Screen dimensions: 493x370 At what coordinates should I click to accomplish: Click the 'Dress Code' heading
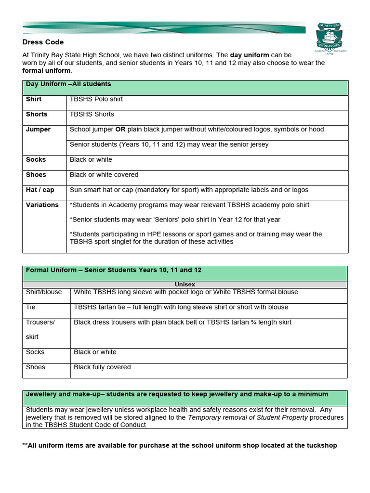[x=43, y=42]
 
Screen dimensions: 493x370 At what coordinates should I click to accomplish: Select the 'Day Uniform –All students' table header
[x=68, y=84]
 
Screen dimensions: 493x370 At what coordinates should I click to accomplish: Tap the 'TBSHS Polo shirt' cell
[x=96, y=99]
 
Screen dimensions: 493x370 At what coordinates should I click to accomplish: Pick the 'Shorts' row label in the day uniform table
[x=37, y=114]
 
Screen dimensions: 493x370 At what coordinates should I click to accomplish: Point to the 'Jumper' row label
[x=38, y=130]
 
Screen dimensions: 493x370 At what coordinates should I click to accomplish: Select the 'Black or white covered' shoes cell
[x=104, y=175]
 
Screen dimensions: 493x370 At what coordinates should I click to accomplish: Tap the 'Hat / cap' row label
[x=40, y=190]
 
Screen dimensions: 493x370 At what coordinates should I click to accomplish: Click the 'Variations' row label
[x=42, y=205]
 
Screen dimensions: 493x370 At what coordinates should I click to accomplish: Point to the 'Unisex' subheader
[x=185, y=285]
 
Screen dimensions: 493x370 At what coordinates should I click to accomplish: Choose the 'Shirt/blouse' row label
[x=44, y=292]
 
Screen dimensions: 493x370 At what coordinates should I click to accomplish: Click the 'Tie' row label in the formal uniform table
[x=31, y=307]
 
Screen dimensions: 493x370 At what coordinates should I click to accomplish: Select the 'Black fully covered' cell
[x=102, y=367]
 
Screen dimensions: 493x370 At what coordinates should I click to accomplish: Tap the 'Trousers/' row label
[x=40, y=323]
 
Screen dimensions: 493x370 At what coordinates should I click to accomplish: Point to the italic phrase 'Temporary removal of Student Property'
[x=248, y=417]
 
